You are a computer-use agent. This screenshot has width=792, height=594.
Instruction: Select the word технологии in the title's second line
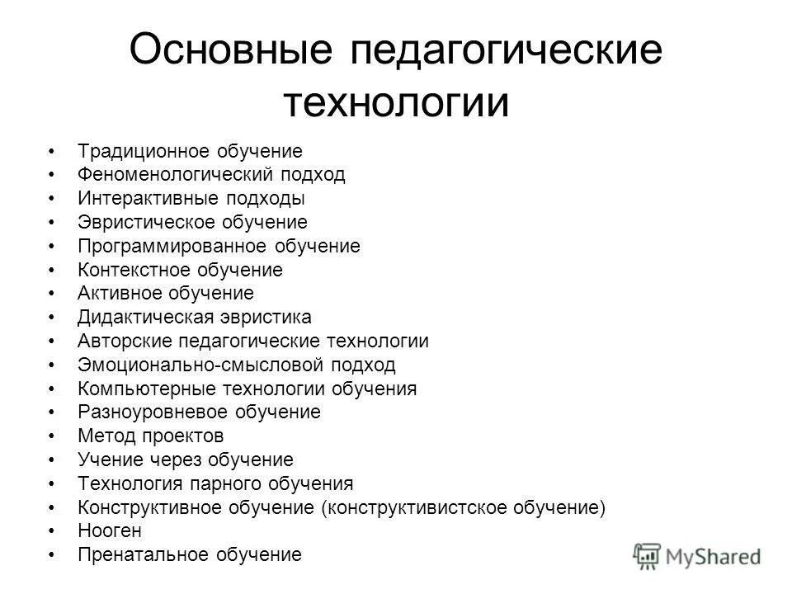(x=395, y=102)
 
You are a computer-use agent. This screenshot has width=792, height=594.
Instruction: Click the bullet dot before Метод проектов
(x=52, y=436)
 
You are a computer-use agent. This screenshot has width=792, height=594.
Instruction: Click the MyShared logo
(x=698, y=554)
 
